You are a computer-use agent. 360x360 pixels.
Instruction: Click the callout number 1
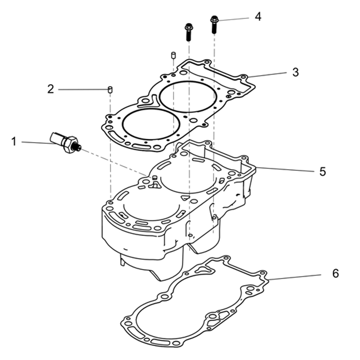[14, 141]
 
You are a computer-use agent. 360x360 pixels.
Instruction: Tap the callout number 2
[50, 89]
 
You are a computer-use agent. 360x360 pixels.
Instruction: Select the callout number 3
[296, 72]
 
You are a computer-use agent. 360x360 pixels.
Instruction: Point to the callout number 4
[258, 17]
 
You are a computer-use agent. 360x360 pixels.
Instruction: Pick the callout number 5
[323, 171]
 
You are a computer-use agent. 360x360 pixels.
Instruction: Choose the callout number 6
[336, 274]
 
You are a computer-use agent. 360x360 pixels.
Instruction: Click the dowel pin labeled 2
[110, 90]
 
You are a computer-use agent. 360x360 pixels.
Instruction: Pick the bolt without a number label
[189, 32]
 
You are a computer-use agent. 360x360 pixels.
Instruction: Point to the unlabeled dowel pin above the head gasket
[173, 55]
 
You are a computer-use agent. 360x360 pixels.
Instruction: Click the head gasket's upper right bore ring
[188, 96]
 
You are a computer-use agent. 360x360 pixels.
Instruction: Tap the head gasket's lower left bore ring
[151, 123]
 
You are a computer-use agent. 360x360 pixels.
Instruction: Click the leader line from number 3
[268, 75]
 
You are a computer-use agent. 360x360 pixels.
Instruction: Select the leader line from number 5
[285, 170]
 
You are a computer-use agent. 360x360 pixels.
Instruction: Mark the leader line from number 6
[294, 277]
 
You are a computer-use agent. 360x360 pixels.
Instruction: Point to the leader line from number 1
[38, 143]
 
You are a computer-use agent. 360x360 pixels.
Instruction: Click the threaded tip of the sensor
[78, 147]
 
